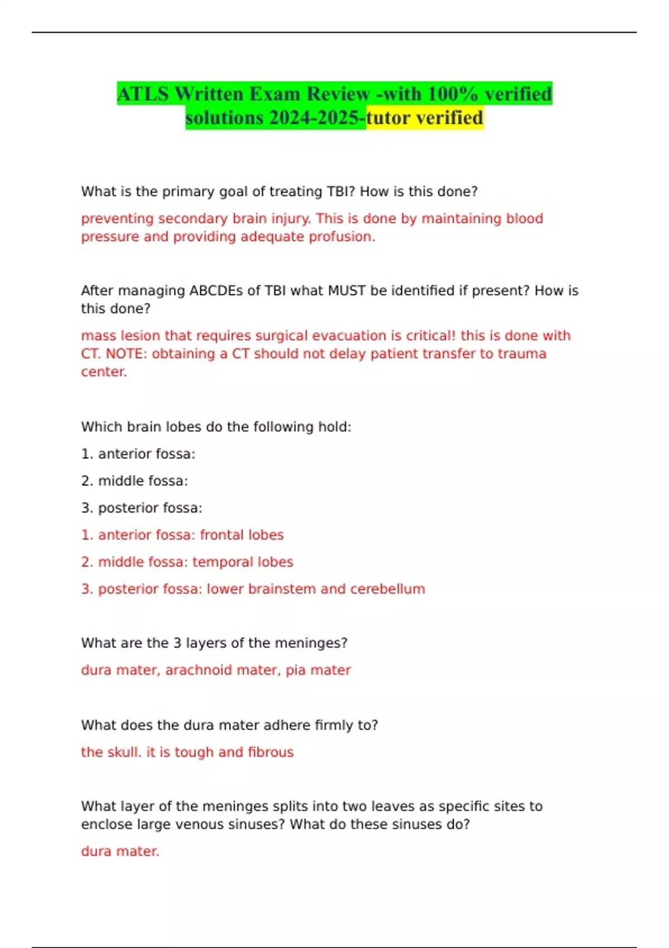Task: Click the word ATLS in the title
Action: coord(143,94)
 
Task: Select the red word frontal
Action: coord(222,535)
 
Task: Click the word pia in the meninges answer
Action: coord(295,670)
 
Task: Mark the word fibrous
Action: coord(270,752)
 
